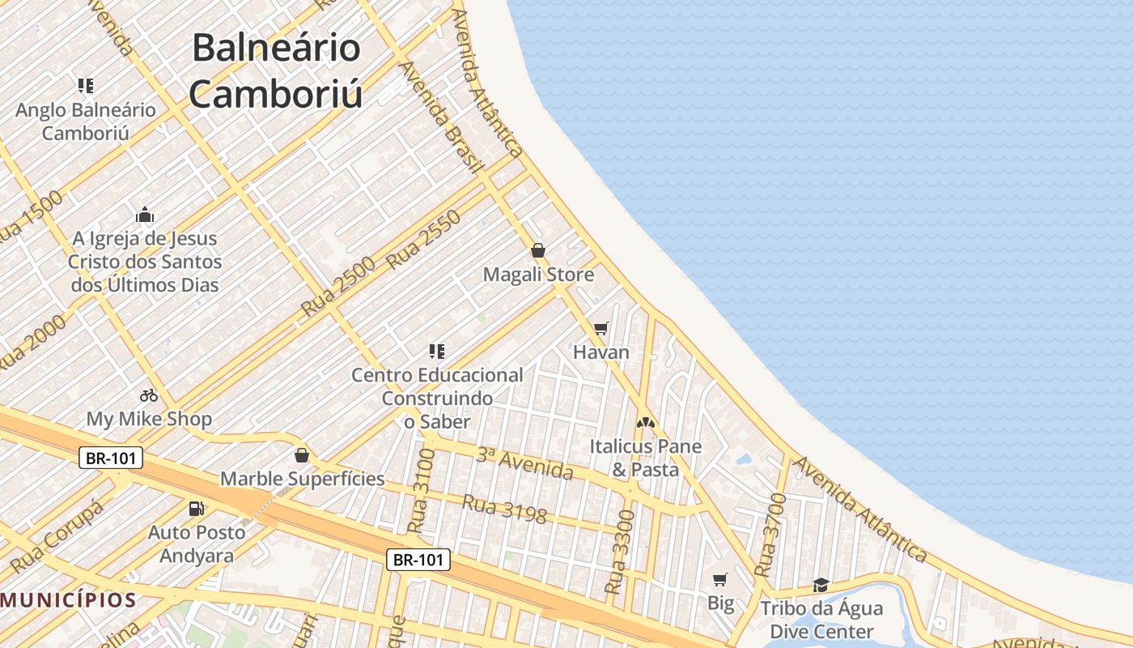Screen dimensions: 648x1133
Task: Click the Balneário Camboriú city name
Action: (x=275, y=71)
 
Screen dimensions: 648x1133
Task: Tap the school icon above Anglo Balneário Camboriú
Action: (x=85, y=85)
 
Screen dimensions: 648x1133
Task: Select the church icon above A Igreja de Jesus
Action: (x=145, y=215)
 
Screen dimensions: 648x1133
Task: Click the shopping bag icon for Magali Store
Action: (x=537, y=250)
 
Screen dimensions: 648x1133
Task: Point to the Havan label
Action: (x=600, y=352)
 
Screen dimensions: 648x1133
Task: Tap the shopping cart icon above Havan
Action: (x=600, y=328)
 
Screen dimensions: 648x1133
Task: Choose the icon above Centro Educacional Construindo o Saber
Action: (x=437, y=352)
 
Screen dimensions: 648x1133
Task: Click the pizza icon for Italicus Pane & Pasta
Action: (x=645, y=422)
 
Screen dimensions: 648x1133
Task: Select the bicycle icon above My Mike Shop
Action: (x=149, y=395)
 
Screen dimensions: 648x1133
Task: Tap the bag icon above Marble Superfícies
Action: (x=302, y=455)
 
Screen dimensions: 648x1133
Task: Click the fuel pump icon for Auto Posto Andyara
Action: (x=196, y=509)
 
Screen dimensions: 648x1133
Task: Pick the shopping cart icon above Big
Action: (x=720, y=579)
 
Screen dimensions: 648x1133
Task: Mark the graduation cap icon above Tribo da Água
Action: (x=821, y=584)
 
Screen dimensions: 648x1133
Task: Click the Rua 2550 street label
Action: (x=424, y=240)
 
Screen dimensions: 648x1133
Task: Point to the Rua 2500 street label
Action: (x=338, y=287)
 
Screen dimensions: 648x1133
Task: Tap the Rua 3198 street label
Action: (x=504, y=509)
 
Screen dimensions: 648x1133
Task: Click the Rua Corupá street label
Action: (x=58, y=535)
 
